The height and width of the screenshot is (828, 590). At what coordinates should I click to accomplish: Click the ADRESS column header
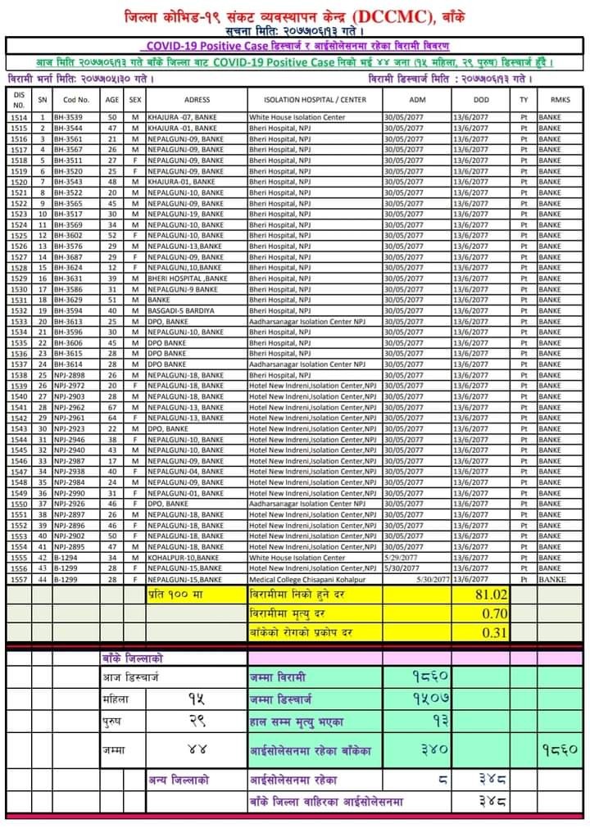(x=197, y=99)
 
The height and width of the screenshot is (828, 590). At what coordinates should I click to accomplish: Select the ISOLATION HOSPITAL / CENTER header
(x=314, y=99)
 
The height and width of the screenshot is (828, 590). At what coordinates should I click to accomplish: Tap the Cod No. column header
(x=76, y=99)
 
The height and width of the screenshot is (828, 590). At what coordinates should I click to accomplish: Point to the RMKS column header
(x=560, y=99)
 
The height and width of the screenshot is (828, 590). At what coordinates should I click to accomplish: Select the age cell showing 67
(x=112, y=407)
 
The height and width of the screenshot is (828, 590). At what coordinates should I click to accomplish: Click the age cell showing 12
(x=112, y=267)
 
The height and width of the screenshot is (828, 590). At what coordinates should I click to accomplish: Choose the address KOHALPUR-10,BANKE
(x=183, y=558)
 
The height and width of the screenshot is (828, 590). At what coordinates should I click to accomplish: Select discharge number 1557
(x=19, y=579)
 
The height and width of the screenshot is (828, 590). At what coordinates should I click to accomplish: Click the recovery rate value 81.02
(x=492, y=594)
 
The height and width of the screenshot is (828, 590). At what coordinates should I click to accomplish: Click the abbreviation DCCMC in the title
(x=388, y=16)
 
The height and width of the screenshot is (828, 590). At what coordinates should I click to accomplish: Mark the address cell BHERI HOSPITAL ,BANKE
(x=186, y=278)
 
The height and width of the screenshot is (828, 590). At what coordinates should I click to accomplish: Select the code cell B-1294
(x=66, y=558)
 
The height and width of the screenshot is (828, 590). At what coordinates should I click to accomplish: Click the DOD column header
(x=481, y=99)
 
